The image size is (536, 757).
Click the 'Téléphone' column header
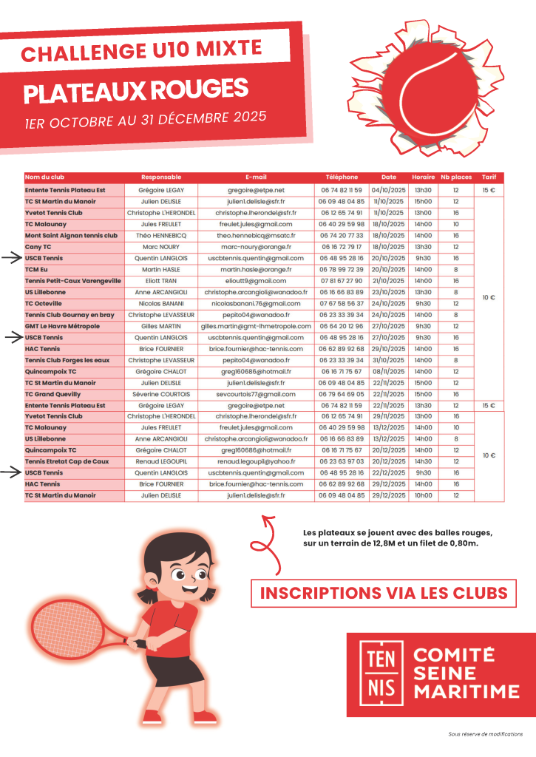(342, 177)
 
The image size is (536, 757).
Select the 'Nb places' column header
(456, 177)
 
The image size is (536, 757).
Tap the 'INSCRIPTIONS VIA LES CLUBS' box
(384, 592)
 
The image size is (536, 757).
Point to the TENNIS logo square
(381, 673)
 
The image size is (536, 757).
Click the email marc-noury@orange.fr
(256, 247)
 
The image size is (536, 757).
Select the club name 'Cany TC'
(38, 247)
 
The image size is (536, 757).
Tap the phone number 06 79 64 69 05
(342, 394)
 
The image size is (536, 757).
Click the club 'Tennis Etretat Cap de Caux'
(67, 461)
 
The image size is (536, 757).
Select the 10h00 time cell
(423, 495)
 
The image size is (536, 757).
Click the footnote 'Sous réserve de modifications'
(486, 734)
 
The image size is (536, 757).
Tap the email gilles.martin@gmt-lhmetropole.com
(256, 326)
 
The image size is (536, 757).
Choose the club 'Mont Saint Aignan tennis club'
(71, 235)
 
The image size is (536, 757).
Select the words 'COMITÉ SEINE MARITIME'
(466, 673)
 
